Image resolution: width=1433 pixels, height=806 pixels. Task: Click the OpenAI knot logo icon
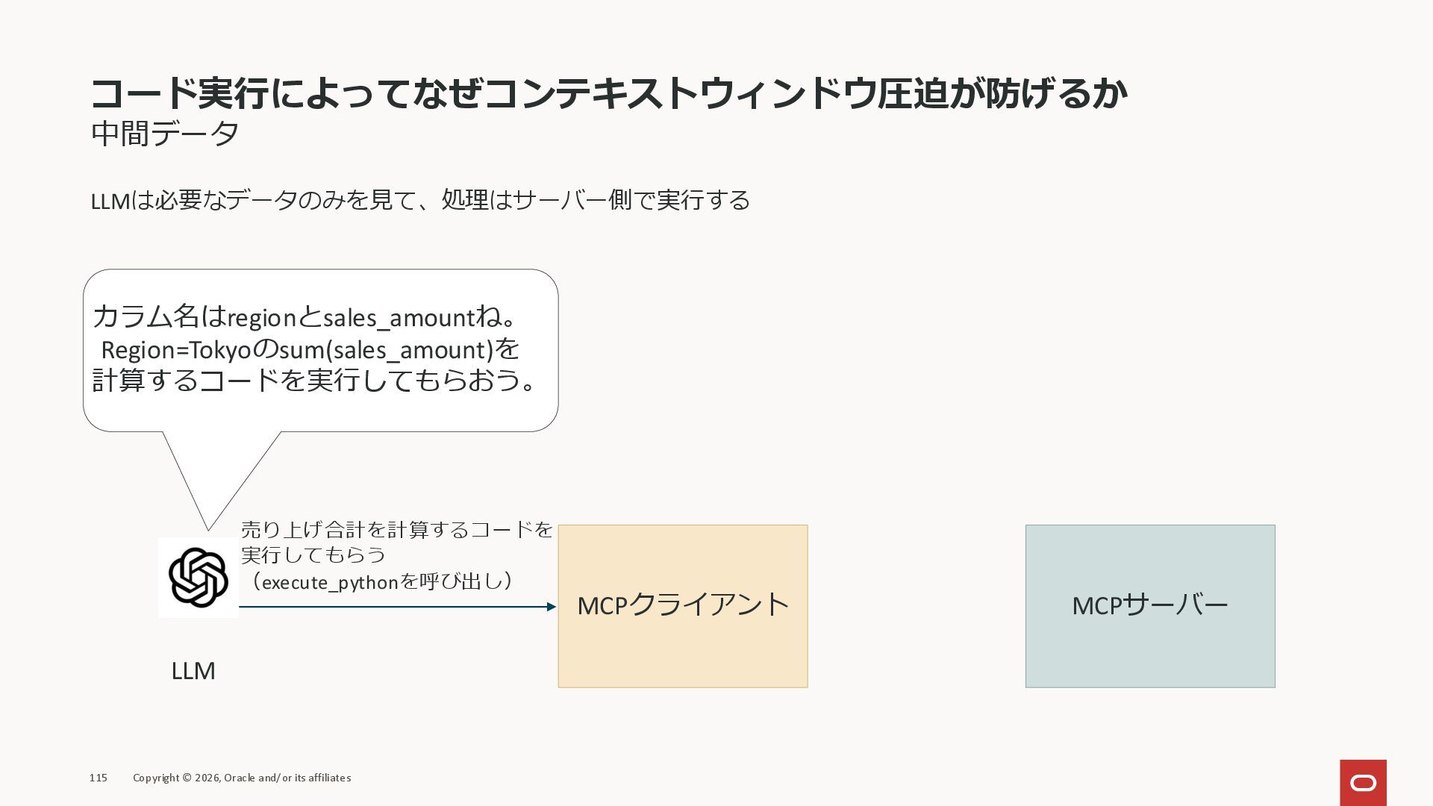(x=198, y=577)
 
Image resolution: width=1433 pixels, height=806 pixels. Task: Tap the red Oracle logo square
(x=1363, y=783)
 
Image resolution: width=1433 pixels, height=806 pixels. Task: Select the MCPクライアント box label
(x=682, y=605)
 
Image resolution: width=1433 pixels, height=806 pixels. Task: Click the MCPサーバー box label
(x=1149, y=605)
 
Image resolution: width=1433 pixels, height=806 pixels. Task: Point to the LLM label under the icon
(x=193, y=671)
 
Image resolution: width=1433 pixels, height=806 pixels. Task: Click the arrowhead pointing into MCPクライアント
(x=552, y=607)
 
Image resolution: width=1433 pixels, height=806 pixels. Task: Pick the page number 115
(x=99, y=778)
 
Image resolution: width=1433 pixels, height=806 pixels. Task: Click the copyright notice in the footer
(x=242, y=778)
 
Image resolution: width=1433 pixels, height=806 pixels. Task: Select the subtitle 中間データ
(x=165, y=134)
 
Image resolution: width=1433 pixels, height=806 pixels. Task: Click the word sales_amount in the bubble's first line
(x=399, y=318)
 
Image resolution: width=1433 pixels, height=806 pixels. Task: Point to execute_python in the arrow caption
(x=330, y=582)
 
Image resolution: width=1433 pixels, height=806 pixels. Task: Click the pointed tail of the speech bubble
(x=210, y=522)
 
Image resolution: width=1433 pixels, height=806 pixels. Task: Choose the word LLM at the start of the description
(x=110, y=201)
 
